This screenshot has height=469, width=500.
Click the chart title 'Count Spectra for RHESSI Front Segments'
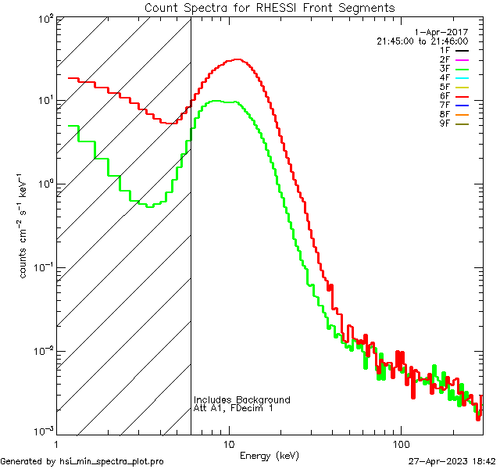tap(270, 8)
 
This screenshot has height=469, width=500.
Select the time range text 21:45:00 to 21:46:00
tap(422, 41)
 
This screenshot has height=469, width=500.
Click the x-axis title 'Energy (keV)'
tap(270, 455)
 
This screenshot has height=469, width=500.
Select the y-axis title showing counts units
tap(25, 227)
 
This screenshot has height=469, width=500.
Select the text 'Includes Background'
tap(242, 399)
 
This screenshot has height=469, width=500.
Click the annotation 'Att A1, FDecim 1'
tap(234, 408)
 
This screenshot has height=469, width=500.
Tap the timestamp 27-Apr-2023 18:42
tap(452, 461)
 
